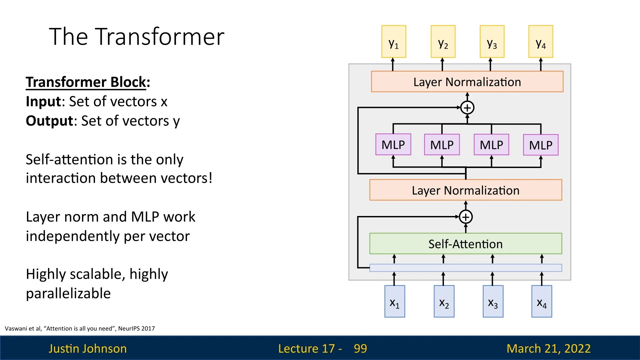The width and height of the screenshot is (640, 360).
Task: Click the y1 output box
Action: point(394,42)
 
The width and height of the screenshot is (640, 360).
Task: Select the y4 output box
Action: point(541,42)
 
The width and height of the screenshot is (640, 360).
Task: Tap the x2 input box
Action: point(444,301)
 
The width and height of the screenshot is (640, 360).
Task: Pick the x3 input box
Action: point(493,301)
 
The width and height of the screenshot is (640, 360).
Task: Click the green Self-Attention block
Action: point(466,244)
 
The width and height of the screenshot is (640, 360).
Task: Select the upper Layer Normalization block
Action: point(467,82)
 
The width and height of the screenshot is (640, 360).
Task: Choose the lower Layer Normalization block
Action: point(466,190)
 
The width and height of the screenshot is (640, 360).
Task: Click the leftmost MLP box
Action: point(393,145)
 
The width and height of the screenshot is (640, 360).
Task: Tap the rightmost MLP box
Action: point(541,145)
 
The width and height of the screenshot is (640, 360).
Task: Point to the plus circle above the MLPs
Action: point(467,108)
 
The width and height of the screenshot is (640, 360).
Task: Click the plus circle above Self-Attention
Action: point(466,217)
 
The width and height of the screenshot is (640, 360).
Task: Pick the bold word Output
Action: point(49,121)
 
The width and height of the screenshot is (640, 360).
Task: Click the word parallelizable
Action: point(68,294)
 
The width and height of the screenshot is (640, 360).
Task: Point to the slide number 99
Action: point(360,349)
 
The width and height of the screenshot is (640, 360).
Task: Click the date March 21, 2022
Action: point(549,349)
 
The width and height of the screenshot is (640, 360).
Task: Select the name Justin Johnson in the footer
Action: point(88,349)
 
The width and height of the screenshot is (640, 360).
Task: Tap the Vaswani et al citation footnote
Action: point(80,329)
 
